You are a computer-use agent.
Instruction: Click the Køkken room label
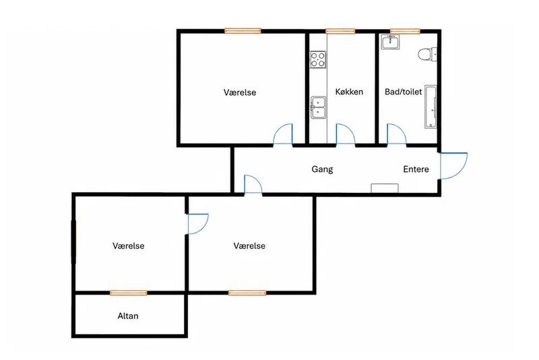click(x=349, y=92)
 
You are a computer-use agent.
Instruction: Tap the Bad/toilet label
click(x=403, y=92)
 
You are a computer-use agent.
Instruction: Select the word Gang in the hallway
click(x=322, y=169)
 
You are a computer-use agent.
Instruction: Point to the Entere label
click(x=416, y=169)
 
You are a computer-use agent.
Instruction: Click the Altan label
click(x=128, y=316)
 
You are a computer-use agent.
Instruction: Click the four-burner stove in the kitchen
click(x=318, y=59)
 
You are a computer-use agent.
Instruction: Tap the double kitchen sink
click(x=318, y=108)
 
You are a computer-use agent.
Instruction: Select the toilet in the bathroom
click(x=427, y=55)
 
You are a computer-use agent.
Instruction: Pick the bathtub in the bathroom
click(x=431, y=107)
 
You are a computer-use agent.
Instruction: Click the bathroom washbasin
click(x=390, y=42)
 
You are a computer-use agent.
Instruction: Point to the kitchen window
click(x=340, y=31)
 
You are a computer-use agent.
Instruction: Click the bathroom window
click(x=405, y=31)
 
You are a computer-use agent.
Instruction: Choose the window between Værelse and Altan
click(x=129, y=293)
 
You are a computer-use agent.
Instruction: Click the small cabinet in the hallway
click(x=385, y=188)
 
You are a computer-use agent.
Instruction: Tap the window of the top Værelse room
click(x=243, y=31)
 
